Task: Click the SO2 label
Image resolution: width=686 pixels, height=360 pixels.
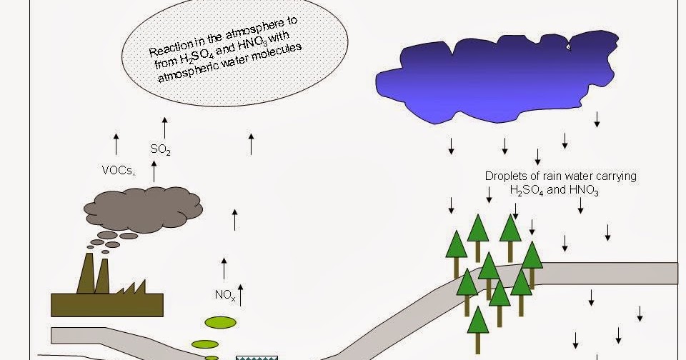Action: [160, 149]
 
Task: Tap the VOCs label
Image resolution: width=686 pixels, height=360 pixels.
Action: [118, 170]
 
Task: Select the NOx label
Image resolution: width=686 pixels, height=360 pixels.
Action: [225, 295]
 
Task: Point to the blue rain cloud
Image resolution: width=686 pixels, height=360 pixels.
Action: [497, 76]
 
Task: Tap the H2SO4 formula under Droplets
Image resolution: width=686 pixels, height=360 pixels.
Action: [527, 190]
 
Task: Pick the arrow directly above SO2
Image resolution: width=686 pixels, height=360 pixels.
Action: [164, 128]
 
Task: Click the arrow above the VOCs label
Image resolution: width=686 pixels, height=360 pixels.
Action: [116, 144]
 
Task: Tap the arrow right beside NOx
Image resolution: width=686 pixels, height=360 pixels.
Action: [240, 295]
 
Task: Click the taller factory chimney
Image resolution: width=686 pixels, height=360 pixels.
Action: [86, 273]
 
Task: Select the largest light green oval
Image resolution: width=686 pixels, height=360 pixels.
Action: [221, 322]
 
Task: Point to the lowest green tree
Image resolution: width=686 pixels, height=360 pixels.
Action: [478, 330]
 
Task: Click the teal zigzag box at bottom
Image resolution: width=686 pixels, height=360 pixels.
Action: [257, 359]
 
